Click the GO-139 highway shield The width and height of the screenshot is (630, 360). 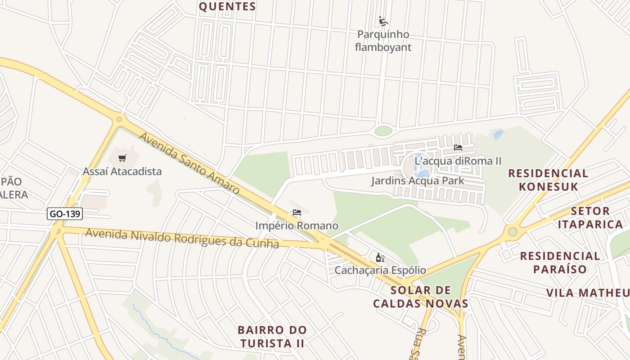pos(65,214)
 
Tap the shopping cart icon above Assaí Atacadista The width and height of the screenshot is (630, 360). pos(122,158)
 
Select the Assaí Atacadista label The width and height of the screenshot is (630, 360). pos(122,171)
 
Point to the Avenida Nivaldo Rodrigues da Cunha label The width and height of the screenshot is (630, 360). pos(182,238)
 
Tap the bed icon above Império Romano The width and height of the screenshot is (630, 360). pos(297,212)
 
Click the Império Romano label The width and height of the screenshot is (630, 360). pos(297,225)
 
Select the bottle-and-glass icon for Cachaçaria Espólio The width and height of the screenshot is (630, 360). pos(380,258)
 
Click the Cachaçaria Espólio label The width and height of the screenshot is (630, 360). pos(380,270)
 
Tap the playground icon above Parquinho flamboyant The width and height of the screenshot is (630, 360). pos(383,21)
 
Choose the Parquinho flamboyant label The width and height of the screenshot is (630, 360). pos(383,40)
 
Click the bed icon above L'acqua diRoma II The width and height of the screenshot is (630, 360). pos(458,148)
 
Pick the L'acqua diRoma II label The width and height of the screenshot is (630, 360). pos(458,161)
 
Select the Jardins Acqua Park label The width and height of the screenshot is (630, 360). pos(418,181)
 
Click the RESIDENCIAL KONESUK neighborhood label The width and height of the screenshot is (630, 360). pos(548,180)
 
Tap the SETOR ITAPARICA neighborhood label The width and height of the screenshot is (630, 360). pos(597,217)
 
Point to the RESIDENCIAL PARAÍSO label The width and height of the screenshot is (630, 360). pos(560,263)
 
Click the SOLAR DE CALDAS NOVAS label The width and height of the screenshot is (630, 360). pos(421,297)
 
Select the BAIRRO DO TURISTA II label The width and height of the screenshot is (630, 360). pos(272,337)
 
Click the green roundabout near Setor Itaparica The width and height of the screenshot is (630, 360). pos(513,232)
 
